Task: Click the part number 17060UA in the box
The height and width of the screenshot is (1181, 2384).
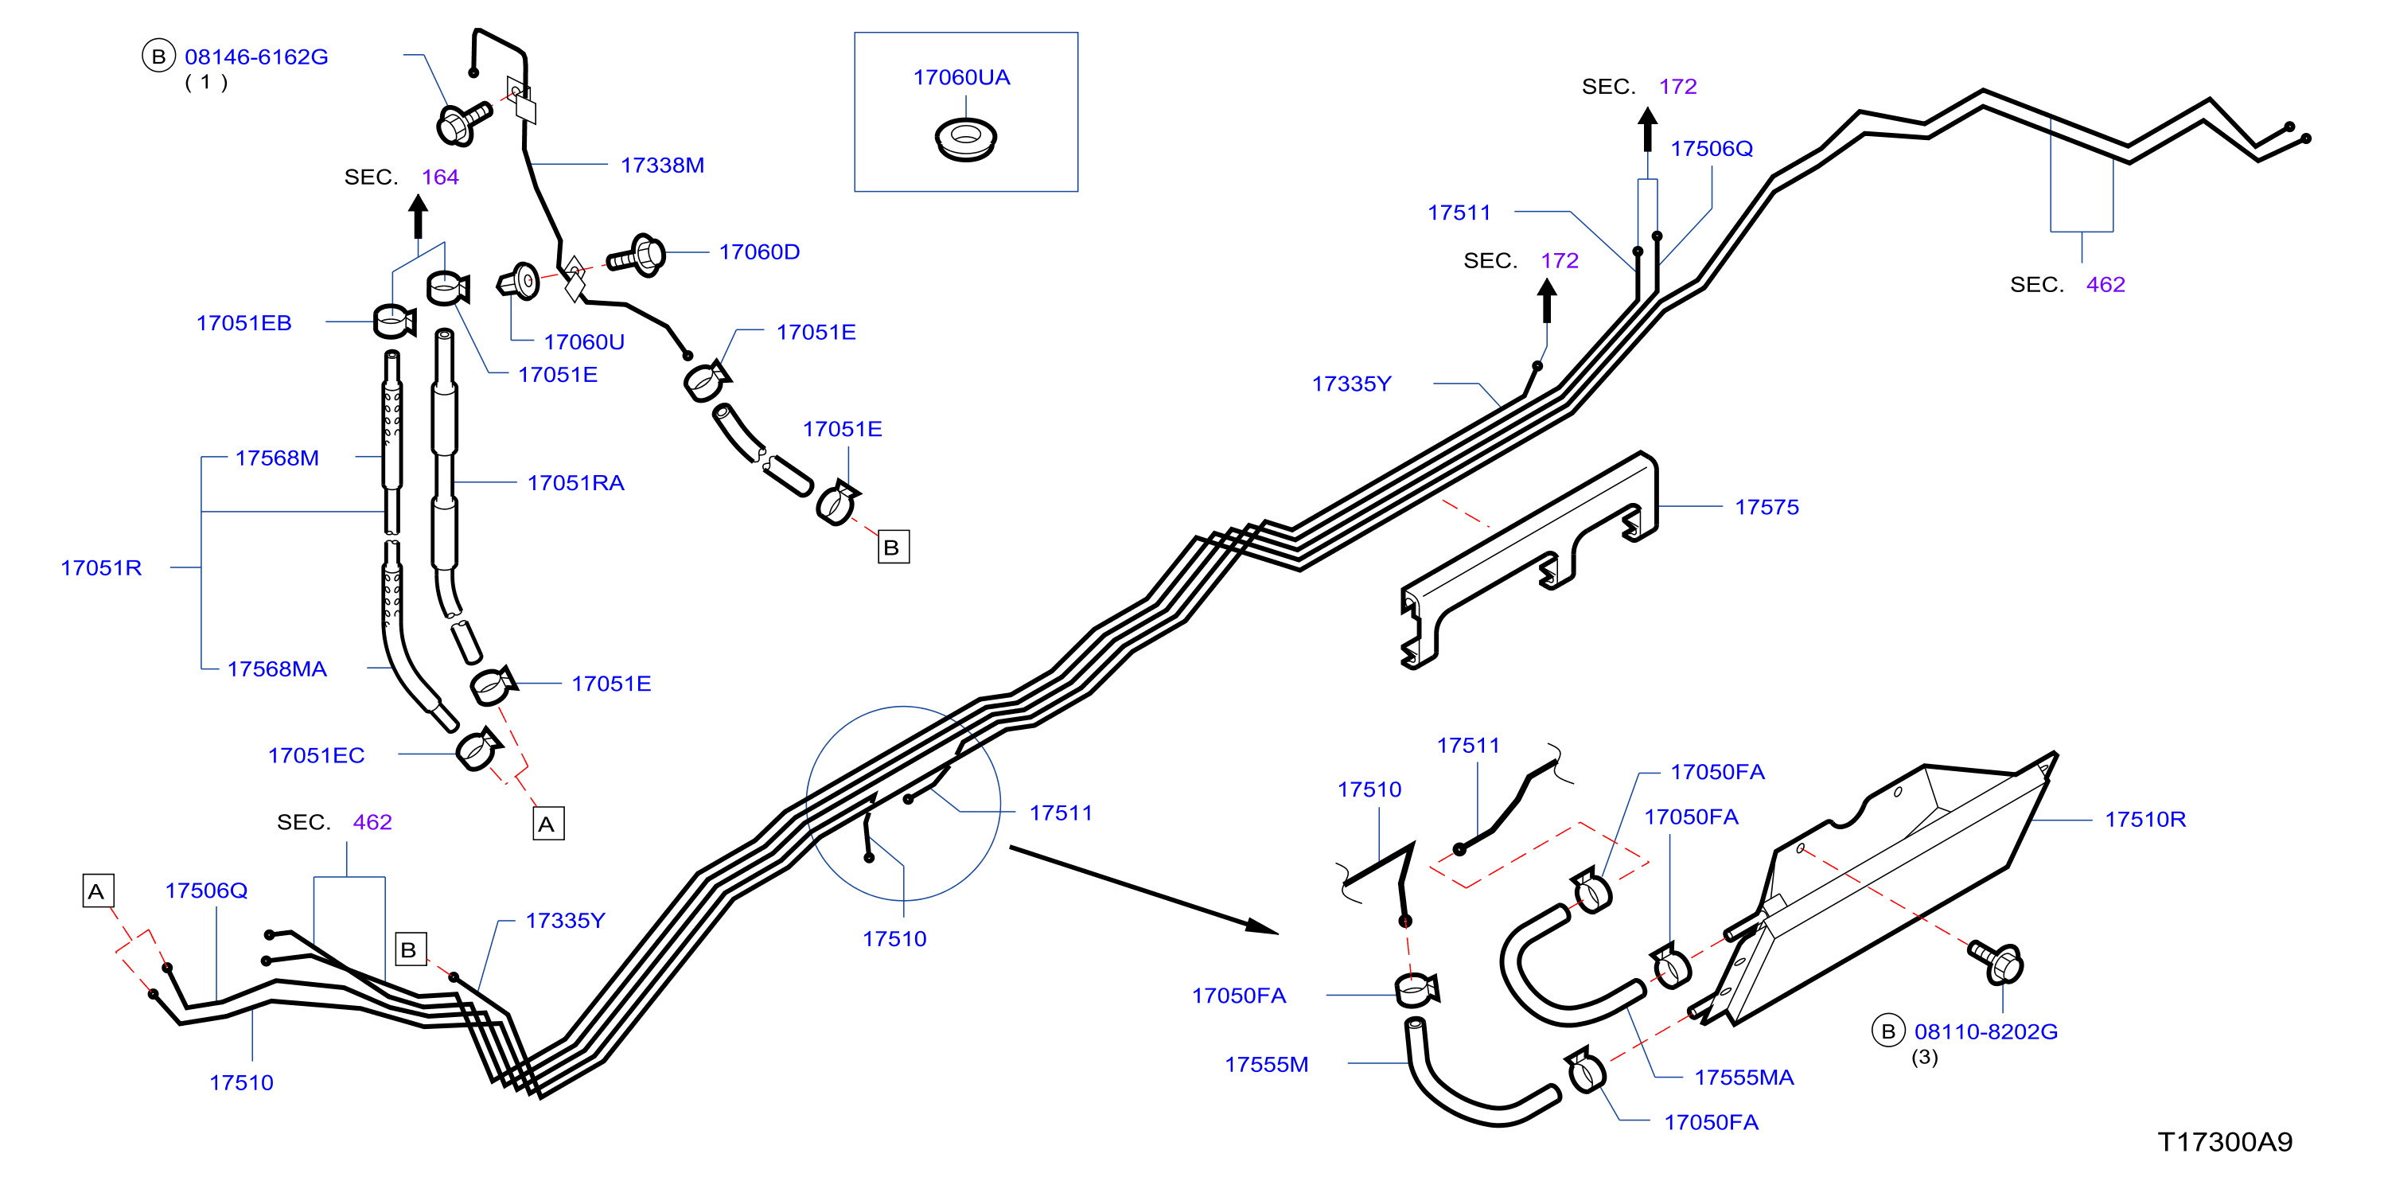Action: (960, 77)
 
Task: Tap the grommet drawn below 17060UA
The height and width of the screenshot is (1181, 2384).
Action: (965, 138)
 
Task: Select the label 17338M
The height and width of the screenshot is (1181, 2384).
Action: (662, 165)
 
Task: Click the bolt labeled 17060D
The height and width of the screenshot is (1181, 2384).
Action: (637, 255)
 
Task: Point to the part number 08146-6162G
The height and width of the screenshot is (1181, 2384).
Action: (256, 57)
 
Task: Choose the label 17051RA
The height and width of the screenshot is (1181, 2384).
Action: (575, 482)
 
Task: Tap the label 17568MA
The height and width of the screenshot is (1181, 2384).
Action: (277, 668)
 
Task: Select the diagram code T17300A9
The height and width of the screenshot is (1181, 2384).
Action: (2225, 1141)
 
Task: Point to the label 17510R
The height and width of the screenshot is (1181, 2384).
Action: (2145, 819)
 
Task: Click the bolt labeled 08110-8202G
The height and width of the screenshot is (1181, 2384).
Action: (1996, 961)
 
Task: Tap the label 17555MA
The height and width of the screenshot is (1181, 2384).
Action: (1743, 1077)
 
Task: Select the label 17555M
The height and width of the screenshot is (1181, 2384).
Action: (1266, 1063)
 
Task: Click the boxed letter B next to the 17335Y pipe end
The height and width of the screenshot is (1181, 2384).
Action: (410, 949)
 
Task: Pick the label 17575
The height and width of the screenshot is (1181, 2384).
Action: (1767, 506)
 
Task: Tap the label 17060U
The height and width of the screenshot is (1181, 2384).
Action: (584, 341)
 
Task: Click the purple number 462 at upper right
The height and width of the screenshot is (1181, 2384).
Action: (2105, 284)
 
